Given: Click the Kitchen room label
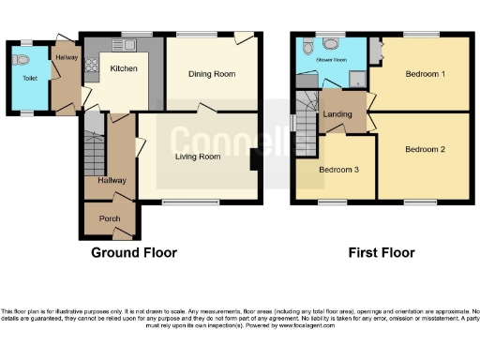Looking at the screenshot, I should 124,68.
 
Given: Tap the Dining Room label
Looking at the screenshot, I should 210,73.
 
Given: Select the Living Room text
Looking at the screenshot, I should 197,157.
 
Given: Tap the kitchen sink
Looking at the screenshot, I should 126,45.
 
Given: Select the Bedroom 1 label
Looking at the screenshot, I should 425,73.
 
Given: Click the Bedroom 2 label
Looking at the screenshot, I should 425,149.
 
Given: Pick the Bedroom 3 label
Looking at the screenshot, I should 337,170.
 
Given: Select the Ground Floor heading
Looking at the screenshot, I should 133,253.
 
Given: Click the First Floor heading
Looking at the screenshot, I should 381,253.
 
